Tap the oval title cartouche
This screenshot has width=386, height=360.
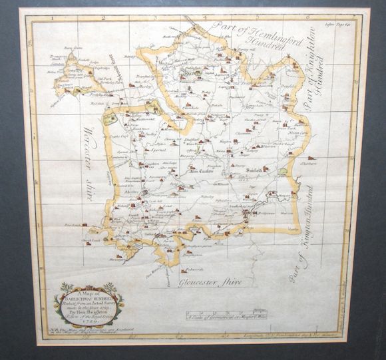[89, 303]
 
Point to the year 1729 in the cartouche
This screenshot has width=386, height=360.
[89, 321]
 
